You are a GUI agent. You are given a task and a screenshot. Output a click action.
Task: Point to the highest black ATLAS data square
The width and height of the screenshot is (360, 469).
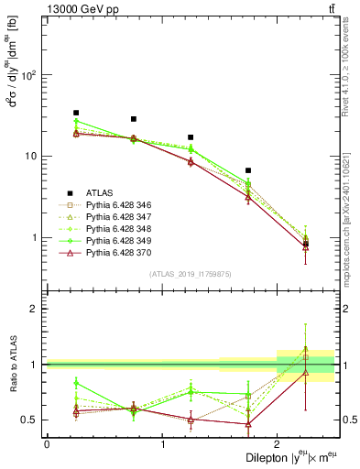pyautogui.click(x=76, y=113)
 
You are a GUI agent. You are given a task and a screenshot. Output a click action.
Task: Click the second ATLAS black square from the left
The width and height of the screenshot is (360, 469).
pyautogui.click(x=134, y=119)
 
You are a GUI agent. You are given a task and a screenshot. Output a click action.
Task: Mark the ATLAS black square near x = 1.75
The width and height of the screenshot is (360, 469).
pyautogui.click(x=248, y=170)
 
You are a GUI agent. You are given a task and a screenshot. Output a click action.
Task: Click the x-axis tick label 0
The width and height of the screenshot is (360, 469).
pyautogui.click(x=47, y=444)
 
